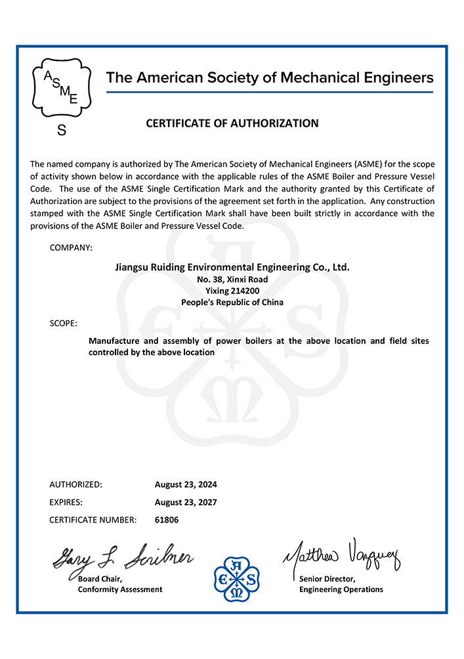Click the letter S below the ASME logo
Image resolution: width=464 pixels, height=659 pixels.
(62, 131)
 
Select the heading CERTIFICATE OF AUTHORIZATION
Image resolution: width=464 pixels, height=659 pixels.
(232, 123)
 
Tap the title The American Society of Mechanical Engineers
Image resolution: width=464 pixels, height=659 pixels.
(270, 77)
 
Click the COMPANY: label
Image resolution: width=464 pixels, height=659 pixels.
(71, 247)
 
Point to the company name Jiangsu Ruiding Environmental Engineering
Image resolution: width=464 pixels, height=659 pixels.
(232, 267)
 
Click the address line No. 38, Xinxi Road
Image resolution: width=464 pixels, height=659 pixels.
(232, 279)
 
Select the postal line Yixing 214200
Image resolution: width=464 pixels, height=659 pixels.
(232, 291)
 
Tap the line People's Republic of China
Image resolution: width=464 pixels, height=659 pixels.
(232, 303)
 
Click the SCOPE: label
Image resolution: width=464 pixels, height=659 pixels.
(63, 324)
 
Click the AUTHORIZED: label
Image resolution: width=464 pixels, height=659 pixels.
(75, 484)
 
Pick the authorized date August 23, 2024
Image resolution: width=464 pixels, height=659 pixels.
(186, 484)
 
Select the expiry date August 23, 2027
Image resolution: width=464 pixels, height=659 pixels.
(186, 502)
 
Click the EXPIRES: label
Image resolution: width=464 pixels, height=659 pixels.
(66, 502)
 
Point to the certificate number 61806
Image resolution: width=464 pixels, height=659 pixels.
(167, 520)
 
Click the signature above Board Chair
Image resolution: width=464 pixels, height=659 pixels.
(123, 558)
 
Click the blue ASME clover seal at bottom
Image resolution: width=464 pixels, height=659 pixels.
(237, 578)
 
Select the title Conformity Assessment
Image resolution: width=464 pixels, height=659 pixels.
(120, 589)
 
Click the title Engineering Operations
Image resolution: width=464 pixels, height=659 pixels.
(341, 589)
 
